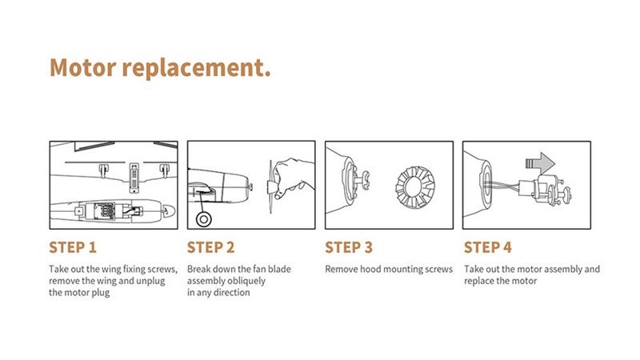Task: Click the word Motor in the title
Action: pyautogui.click(x=83, y=67)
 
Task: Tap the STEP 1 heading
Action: pyautogui.click(x=73, y=247)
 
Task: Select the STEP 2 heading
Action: pyautogui.click(x=210, y=247)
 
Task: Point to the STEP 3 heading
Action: pyautogui.click(x=349, y=247)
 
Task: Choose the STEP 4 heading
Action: pyautogui.click(x=487, y=247)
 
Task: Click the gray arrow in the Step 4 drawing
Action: pyautogui.click(x=540, y=163)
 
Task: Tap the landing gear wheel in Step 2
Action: pyautogui.click(x=204, y=219)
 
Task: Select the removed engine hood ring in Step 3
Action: pyautogui.click(x=414, y=187)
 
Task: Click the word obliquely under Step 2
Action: pyautogui.click(x=245, y=281)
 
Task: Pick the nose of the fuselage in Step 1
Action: pyautogui.click(x=170, y=210)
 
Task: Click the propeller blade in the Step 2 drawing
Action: pyautogui.click(x=270, y=186)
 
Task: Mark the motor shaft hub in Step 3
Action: pyautogui.click(x=363, y=181)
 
